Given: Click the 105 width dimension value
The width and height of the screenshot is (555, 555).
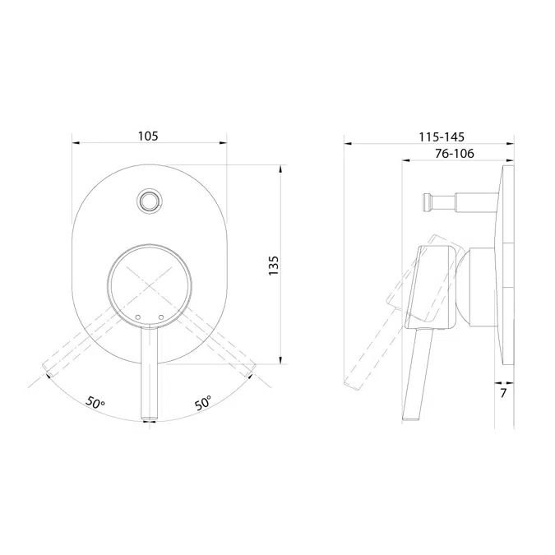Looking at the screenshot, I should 149,135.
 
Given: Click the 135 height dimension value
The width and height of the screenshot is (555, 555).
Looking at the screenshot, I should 274,264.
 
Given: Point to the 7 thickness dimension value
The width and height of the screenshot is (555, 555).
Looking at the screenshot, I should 502,395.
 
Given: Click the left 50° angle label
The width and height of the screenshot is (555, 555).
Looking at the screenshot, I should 96,403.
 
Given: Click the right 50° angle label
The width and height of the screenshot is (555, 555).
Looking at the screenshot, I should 203,403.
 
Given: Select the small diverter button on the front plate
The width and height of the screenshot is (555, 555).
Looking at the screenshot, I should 149,200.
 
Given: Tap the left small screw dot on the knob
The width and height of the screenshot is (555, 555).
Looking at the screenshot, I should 137,316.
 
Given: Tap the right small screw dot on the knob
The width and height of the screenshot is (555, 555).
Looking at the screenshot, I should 161,316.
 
